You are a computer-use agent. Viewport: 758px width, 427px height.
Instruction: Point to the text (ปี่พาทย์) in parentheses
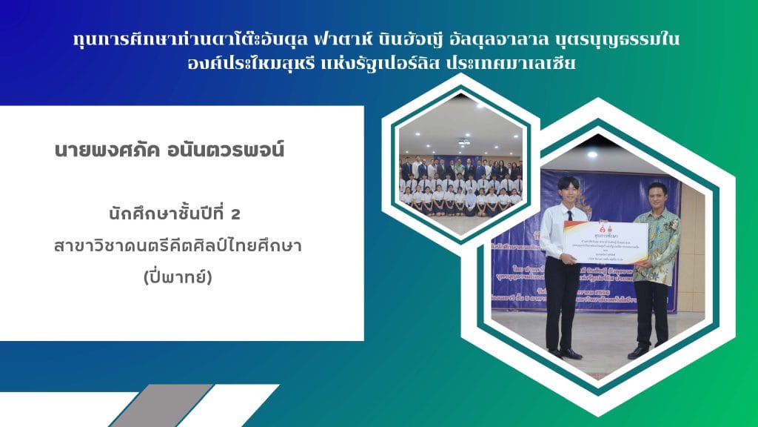click(x=181, y=279)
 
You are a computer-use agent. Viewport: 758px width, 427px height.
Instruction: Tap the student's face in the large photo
click(x=567, y=191)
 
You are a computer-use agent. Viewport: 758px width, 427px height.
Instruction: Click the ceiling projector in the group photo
click(x=464, y=139)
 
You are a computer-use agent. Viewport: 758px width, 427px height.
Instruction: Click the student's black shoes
click(x=563, y=352)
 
